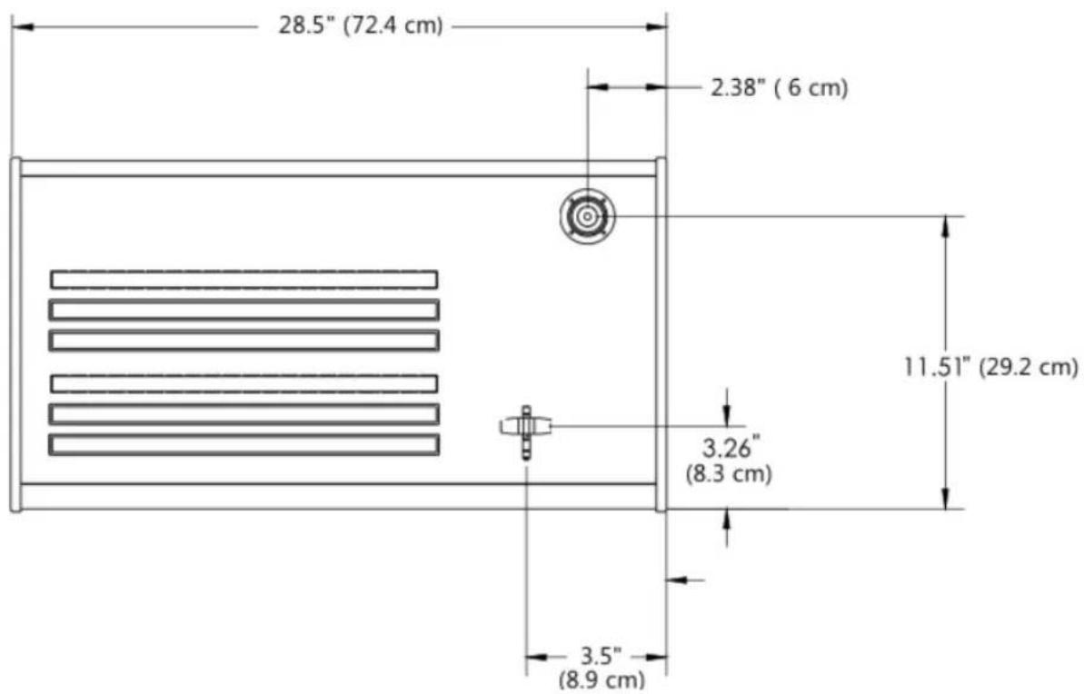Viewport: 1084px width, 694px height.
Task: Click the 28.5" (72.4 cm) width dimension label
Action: (x=360, y=25)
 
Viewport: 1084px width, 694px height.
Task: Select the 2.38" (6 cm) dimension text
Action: (x=779, y=88)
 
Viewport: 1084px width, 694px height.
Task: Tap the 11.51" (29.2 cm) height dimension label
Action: (x=990, y=366)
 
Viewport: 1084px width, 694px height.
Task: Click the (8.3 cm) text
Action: (x=729, y=474)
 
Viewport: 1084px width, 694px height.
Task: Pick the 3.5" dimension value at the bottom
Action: (x=600, y=655)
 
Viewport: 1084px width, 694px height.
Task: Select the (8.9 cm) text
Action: (x=602, y=679)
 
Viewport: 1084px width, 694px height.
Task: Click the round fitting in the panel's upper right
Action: (x=587, y=216)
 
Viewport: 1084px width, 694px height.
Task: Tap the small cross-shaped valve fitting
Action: (x=526, y=431)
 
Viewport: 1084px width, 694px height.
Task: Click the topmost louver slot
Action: (x=244, y=279)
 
